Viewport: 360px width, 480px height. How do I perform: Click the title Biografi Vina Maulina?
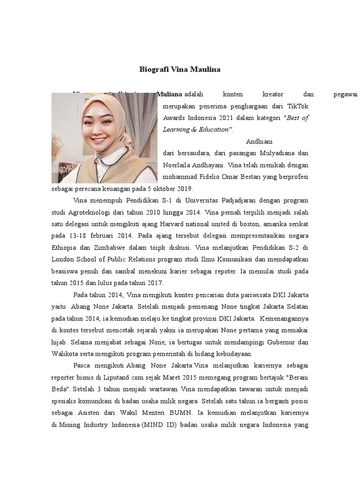(x=180, y=69)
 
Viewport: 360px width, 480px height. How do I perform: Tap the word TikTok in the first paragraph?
(x=297, y=106)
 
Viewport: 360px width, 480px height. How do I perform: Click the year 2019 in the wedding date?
(x=184, y=188)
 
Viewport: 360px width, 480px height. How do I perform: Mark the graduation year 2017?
(x=154, y=283)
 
